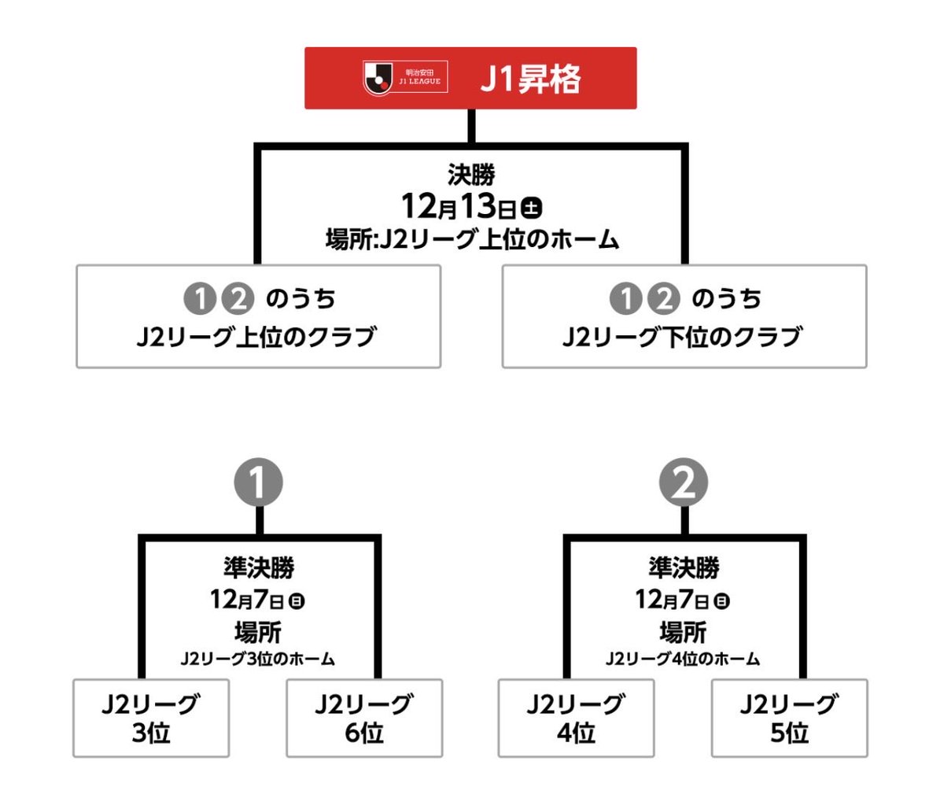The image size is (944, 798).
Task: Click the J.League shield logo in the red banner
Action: (378, 78)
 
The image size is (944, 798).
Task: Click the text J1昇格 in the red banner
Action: (530, 79)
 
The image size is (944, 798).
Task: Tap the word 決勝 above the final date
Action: (471, 175)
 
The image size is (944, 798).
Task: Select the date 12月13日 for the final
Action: (459, 207)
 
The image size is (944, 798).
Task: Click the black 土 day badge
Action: (531, 209)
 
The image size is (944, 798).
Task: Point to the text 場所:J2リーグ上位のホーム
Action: (472, 239)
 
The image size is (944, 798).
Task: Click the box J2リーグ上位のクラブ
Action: (259, 316)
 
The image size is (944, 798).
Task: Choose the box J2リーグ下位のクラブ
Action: (684, 316)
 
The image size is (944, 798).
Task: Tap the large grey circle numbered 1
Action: (259, 482)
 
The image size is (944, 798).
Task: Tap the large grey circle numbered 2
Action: (684, 482)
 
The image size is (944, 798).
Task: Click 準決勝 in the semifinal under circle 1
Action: (259, 567)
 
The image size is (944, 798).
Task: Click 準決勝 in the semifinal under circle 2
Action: (684, 567)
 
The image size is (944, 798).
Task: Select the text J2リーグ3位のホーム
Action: (258, 659)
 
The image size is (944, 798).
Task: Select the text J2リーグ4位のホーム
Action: (683, 659)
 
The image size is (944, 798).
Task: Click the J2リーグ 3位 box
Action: (151, 719)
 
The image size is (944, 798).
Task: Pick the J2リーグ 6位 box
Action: (364, 719)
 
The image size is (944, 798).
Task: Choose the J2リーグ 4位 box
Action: (576, 719)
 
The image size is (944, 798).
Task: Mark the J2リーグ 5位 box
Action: (789, 719)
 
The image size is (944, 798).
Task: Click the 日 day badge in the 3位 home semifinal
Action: (297, 601)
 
